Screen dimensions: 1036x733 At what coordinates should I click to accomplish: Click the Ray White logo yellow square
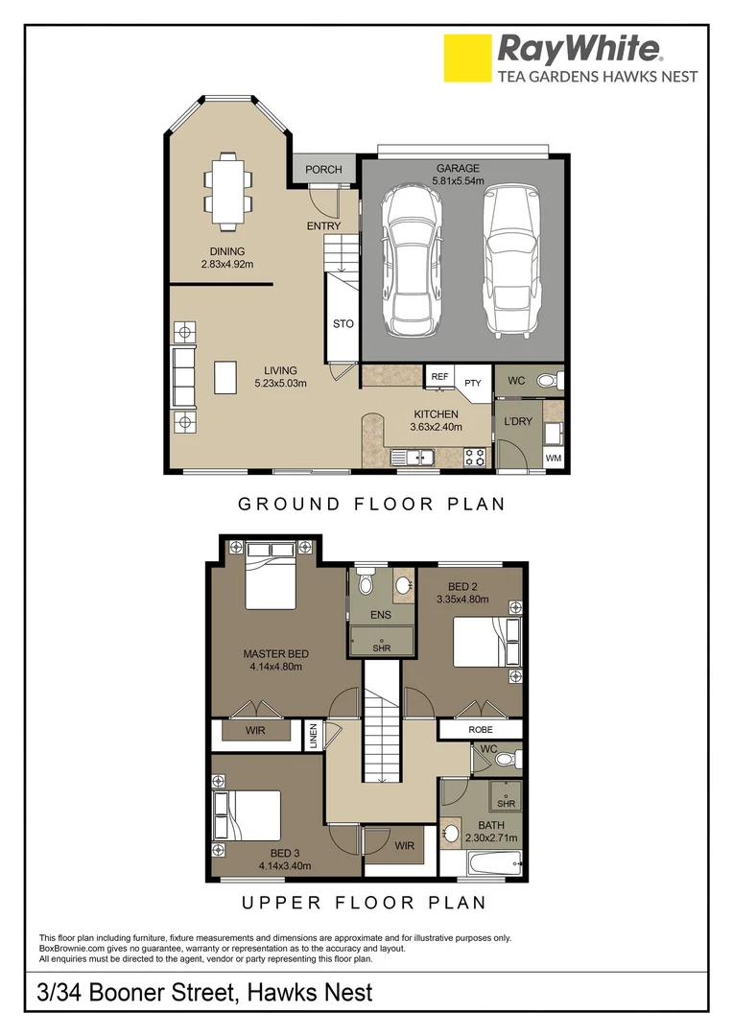click(467, 58)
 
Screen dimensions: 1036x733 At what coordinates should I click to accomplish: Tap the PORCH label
click(323, 170)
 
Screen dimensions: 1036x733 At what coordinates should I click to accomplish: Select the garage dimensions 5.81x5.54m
click(458, 180)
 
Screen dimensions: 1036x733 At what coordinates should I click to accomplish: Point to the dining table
click(228, 191)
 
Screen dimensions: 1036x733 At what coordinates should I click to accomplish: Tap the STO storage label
click(343, 324)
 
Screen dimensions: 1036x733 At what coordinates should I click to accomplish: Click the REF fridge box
click(439, 377)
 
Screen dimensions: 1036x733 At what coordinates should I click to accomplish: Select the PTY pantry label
click(472, 383)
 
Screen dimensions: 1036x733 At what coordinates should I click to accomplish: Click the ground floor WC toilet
click(547, 381)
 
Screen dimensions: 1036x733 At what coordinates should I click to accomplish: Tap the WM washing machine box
click(553, 459)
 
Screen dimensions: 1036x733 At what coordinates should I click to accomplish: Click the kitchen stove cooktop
click(474, 458)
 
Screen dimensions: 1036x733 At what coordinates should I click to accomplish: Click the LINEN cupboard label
click(314, 736)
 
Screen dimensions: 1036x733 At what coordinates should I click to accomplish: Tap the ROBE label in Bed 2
click(481, 730)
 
